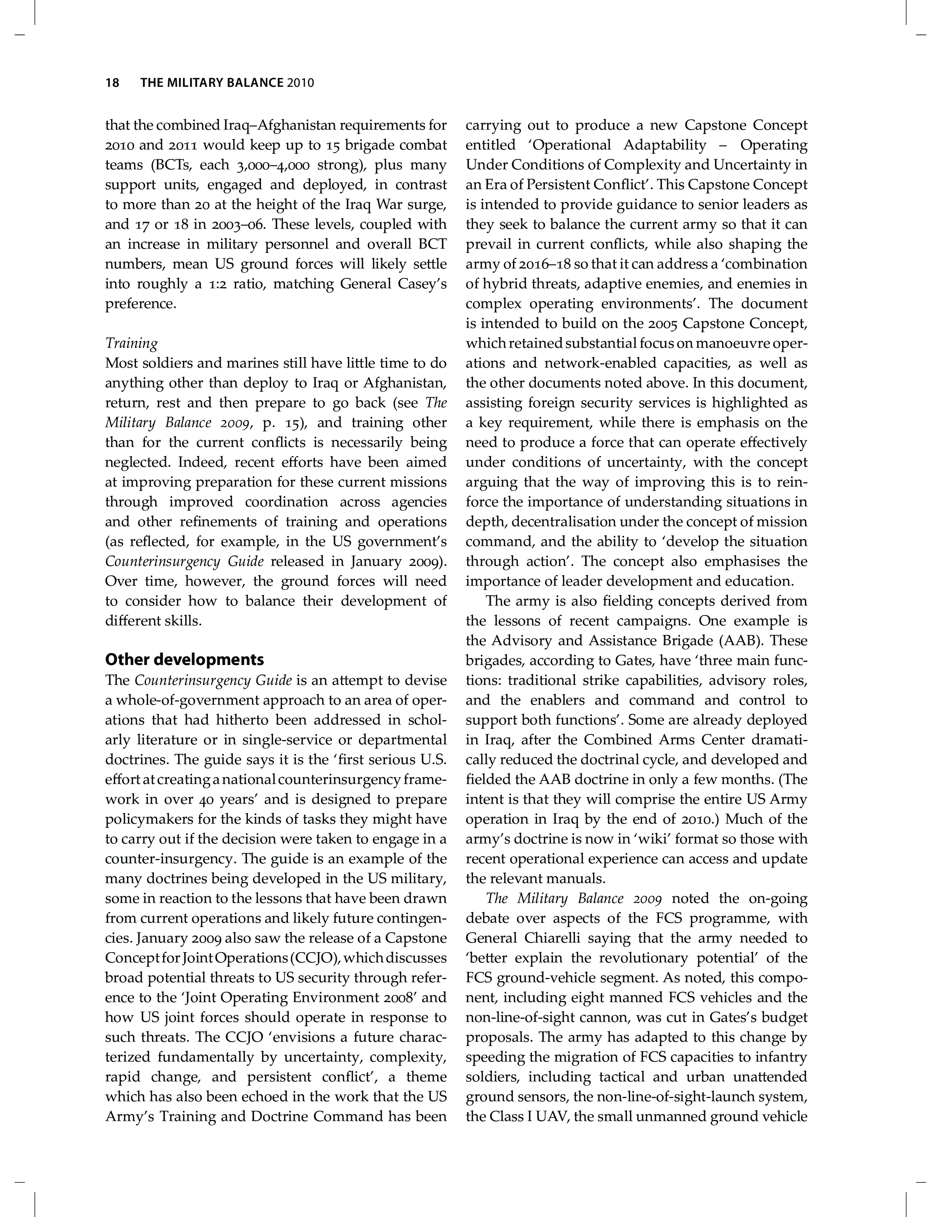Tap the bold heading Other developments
point(184,660)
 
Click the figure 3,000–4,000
point(269,165)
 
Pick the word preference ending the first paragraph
point(140,304)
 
